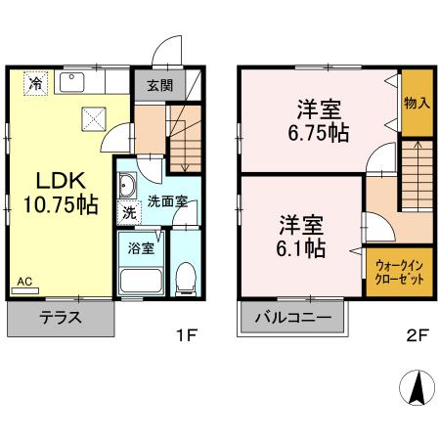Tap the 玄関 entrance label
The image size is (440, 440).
pyautogui.click(x=160, y=85)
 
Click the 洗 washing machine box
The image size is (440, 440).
pyautogui.click(x=129, y=212)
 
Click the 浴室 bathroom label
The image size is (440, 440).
pyautogui.click(x=141, y=247)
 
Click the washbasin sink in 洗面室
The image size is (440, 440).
pyautogui.click(x=129, y=185)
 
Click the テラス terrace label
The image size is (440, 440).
pyautogui.click(x=60, y=318)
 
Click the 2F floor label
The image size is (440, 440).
pyautogui.click(x=418, y=335)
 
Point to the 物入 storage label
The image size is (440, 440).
pyautogui.click(x=418, y=102)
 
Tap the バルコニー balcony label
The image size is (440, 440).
pyautogui.click(x=293, y=318)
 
